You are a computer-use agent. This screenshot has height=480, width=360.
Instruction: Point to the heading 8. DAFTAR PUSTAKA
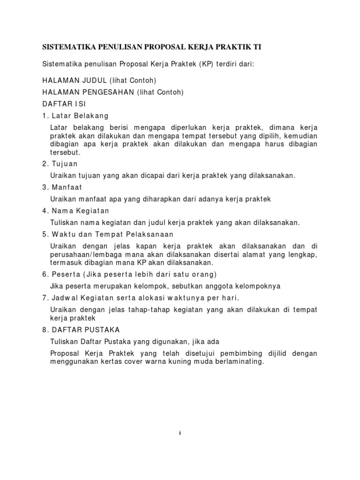click(x=81, y=330)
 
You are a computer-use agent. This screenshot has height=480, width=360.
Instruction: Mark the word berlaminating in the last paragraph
click(x=237, y=361)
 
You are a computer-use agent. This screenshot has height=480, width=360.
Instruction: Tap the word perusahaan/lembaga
click(x=80, y=255)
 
